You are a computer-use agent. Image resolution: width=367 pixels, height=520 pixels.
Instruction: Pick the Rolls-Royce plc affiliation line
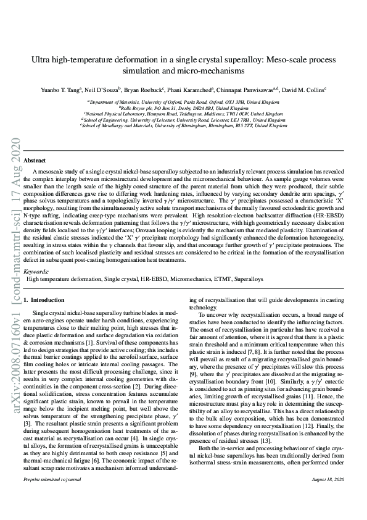tap(183, 107)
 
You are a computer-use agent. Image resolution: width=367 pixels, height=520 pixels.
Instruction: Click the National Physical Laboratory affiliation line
tap(183, 114)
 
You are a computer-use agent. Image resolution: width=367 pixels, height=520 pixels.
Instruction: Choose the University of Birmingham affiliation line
tap(183, 125)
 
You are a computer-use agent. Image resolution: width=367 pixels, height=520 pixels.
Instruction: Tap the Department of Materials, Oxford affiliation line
tap(183, 101)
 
